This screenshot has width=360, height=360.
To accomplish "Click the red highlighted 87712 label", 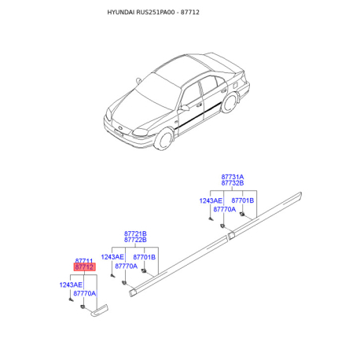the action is point(84,267).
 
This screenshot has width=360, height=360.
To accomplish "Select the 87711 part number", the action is point(84,261).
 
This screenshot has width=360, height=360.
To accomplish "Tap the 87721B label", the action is point(135,233).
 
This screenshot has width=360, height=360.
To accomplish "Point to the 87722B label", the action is point(135,240).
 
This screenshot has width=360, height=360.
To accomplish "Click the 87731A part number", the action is point(233,177).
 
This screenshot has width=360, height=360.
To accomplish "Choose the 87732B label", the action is point(233,183).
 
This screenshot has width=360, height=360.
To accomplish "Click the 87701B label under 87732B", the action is point(243,200).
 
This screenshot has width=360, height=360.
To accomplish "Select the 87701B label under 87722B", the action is point(145,257).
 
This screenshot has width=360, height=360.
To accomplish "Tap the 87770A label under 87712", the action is point(85,293).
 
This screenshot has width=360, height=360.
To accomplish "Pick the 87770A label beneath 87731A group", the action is point(225,209).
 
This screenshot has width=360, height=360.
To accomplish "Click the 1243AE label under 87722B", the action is point(112,257).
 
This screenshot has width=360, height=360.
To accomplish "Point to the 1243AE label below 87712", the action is point(71,285).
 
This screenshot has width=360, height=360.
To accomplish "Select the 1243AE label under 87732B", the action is point(211,200).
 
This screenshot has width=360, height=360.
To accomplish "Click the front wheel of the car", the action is point(163,139).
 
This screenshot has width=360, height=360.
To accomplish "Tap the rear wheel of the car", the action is point(230,103).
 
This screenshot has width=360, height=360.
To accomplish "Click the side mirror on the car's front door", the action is point(184,108).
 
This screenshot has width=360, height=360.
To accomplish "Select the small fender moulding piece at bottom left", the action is point(99,310).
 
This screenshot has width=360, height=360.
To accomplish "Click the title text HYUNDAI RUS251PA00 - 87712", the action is point(153,13).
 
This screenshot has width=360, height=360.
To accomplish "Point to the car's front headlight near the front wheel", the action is point(140,132).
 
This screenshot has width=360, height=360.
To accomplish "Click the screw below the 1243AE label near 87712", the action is point(71,299).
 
